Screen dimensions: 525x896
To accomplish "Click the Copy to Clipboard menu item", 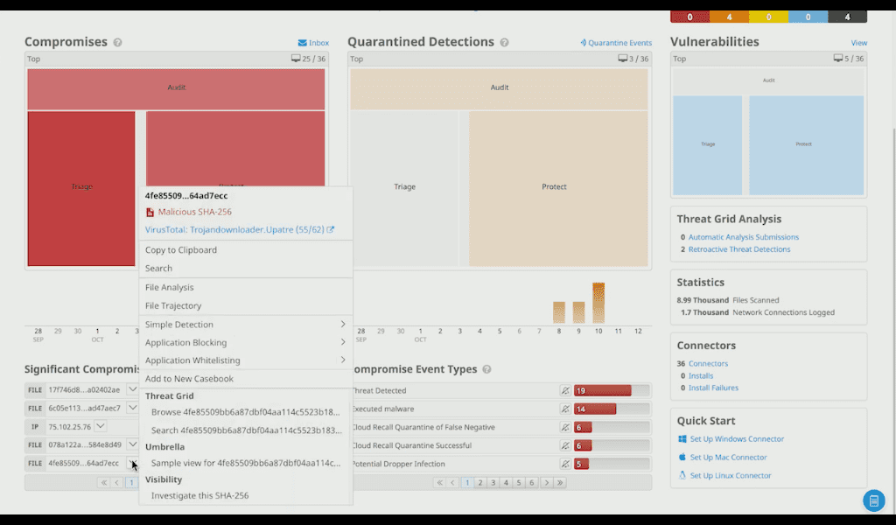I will coord(181,250).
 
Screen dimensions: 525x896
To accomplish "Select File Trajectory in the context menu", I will coord(173,305).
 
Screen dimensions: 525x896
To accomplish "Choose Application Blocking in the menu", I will coord(185,342).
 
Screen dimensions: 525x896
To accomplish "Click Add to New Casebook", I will coord(189,379).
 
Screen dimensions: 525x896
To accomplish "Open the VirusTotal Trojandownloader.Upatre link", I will coord(234,230).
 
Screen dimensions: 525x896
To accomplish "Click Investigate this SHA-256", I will coord(199,495).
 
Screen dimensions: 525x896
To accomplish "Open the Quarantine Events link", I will coord(617,43).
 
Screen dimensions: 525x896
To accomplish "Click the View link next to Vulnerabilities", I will coord(858,43).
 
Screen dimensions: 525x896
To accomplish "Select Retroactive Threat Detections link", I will coord(738,249).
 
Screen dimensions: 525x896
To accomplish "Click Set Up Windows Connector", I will coord(737,439).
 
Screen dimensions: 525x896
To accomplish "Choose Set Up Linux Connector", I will coord(731,476).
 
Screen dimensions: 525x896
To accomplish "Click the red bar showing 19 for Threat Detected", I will coord(602,391).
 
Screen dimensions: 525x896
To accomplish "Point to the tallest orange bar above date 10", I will coord(598,302).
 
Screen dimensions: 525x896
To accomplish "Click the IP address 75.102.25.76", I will coord(69,426).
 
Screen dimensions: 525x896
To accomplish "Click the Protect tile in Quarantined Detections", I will coord(555,187).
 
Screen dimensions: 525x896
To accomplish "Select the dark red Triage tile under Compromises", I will coord(81,187).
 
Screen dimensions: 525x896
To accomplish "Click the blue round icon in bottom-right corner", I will coord(873,500).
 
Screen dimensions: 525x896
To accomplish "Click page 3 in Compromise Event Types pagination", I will coord(493,482).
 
